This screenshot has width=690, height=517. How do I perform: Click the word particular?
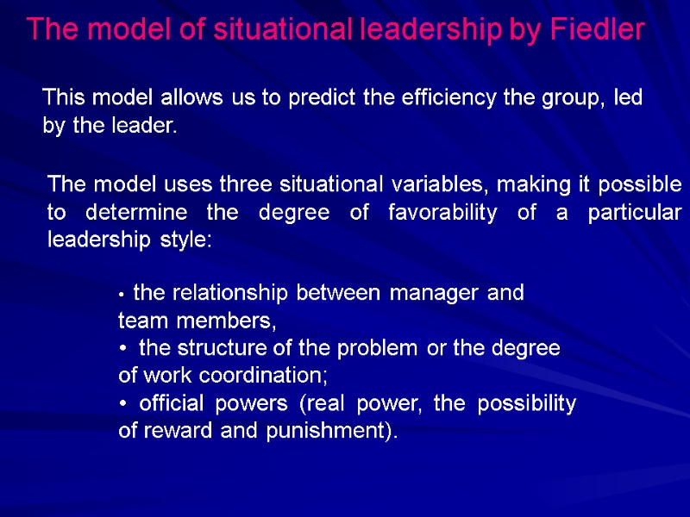pos(634,212)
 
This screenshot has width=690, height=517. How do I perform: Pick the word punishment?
pos(340,432)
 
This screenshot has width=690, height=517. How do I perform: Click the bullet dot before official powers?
pos(123,405)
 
